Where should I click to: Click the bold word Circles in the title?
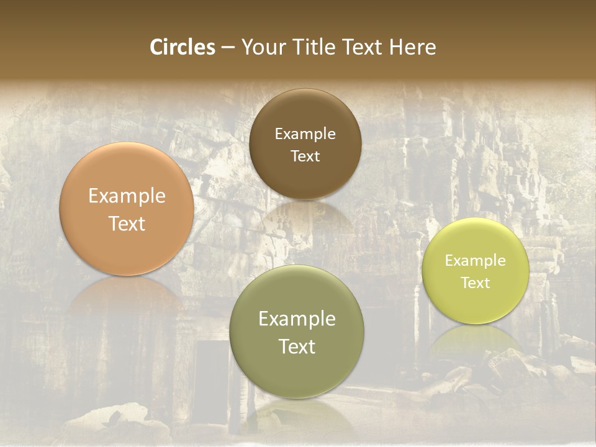tap(182, 47)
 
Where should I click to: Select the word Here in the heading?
tap(413, 47)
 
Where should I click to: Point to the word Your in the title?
tap(263, 47)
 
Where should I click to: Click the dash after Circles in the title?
tap(228, 48)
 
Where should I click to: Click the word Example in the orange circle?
tap(127, 196)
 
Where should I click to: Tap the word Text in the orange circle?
tap(127, 224)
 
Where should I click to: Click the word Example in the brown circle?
tap(305, 134)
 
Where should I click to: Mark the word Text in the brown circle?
tap(305, 156)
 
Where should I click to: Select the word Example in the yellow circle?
tap(475, 261)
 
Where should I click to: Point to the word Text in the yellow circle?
tap(475, 283)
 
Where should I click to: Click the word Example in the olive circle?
tap(296, 319)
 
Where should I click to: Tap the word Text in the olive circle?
tap(296, 347)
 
